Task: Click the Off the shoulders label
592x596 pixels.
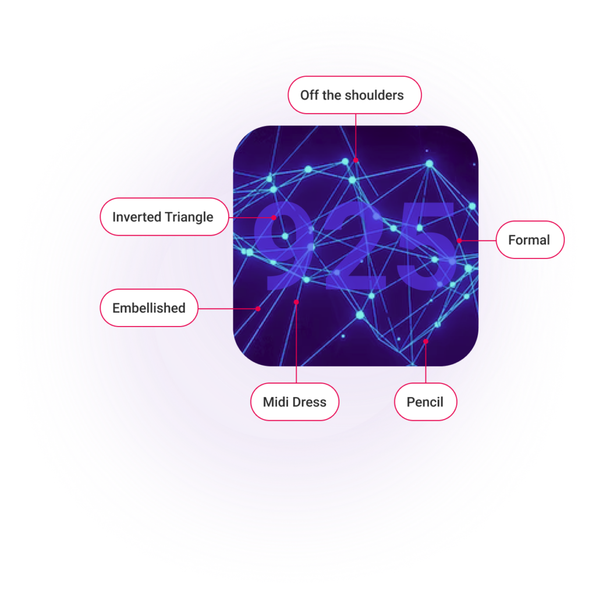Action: click(x=355, y=95)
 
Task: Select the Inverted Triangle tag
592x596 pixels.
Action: click(x=164, y=217)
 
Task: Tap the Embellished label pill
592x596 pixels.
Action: click(x=149, y=308)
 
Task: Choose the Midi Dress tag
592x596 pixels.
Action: click(x=295, y=402)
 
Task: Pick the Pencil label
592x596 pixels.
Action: click(x=426, y=402)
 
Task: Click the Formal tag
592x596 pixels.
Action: click(x=530, y=240)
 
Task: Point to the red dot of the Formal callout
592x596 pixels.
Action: click(x=459, y=240)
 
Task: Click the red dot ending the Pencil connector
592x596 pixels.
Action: click(x=426, y=341)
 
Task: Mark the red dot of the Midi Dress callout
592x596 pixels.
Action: click(x=296, y=302)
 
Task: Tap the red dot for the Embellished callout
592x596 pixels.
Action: click(x=258, y=308)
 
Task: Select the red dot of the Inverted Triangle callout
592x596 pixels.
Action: click(x=274, y=218)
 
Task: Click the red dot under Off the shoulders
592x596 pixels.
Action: click(x=356, y=160)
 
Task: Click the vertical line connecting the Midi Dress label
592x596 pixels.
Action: click(x=296, y=342)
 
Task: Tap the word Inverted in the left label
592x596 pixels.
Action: click(x=137, y=217)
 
